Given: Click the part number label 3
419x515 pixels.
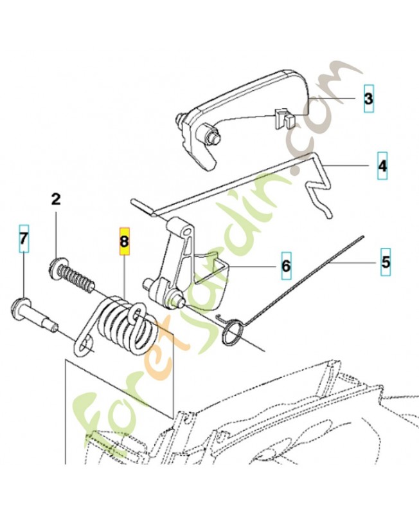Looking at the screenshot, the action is [368, 98].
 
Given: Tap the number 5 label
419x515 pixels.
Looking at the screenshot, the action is [386, 262].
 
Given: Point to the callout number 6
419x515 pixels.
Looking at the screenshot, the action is [286, 265].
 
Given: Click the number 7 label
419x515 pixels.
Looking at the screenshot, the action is [23, 238].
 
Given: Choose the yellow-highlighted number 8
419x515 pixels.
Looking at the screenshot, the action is [124, 241].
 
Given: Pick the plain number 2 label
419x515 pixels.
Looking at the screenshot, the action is [56, 199].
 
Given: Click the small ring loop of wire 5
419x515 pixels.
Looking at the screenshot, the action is [233, 333].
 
